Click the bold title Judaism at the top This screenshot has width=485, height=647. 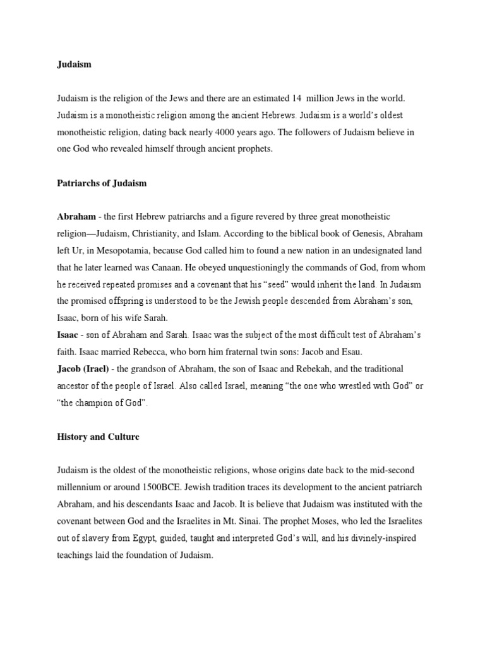click(x=75, y=65)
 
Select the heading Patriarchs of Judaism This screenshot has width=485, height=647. click(x=102, y=183)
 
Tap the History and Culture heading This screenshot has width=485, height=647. click(x=98, y=437)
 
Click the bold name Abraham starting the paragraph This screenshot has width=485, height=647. click(x=76, y=217)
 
